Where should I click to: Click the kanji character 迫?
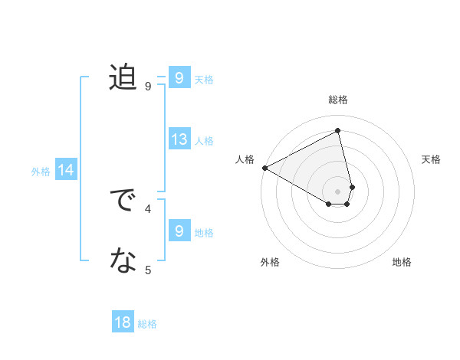[x=123, y=77]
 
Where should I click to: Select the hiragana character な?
[x=123, y=261]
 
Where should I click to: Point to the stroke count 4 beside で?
[x=148, y=208]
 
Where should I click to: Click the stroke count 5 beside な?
[x=148, y=270]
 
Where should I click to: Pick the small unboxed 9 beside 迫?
[x=148, y=87]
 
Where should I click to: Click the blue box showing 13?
[x=179, y=139]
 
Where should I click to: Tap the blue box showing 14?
[x=66, y=171]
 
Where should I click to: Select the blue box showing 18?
[x=123, y=322]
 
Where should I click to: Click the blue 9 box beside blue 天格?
[x=179, y=77]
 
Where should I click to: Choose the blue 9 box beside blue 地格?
[x=179, y=231]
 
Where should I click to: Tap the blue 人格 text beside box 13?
[x=204, y=141]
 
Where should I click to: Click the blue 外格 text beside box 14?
[x=41, y=172]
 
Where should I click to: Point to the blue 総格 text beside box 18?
[x=147, y=324]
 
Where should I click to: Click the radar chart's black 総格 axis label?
[x=338, y=100]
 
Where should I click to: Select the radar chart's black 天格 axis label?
[x=432, y=159]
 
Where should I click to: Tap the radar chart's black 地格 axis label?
[x=402, y=262]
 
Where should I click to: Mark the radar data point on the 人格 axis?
[x=264, y=168]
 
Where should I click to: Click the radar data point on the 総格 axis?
[x=338, y=131]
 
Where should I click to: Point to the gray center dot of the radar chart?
[x=338, y=191]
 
